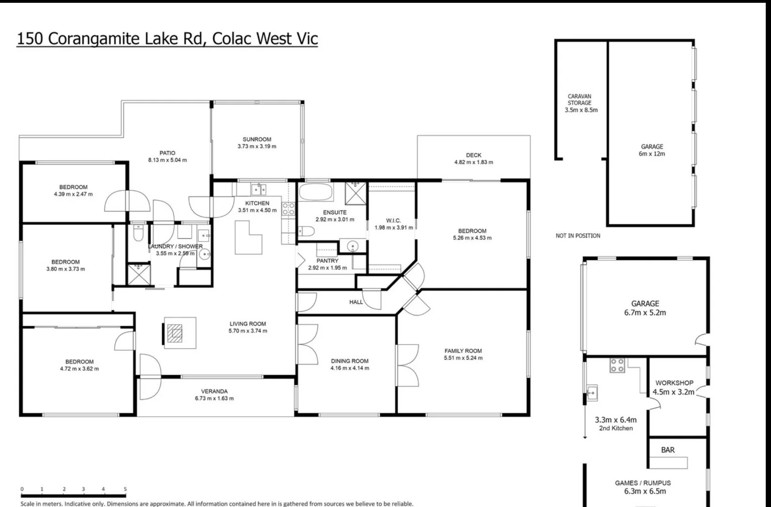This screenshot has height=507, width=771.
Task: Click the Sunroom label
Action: point(257,139)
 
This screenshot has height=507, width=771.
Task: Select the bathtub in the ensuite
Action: point(316,192)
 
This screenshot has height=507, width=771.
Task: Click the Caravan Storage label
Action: point(579,100)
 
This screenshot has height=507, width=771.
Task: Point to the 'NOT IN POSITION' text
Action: point(578,236)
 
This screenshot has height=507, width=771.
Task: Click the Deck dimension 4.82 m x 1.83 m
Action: point(473,162)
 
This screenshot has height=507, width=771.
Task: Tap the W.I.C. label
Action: point(393,221)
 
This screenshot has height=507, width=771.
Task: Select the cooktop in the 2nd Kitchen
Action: point(617,365)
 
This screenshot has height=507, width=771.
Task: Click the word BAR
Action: point(668,450)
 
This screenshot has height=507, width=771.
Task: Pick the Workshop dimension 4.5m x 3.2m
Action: point(673,392)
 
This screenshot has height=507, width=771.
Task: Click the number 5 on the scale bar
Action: point(125,489)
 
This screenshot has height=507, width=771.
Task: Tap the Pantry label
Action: point(327,261)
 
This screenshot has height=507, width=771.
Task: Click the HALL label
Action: point(356,302)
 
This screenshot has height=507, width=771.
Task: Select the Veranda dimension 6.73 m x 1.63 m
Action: point(214,399)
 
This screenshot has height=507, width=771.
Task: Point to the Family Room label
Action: point(463,351)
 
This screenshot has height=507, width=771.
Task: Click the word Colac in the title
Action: point(232,38)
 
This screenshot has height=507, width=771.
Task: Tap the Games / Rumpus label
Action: point(643,483)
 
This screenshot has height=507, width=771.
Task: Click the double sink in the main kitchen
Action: point(258,190)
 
